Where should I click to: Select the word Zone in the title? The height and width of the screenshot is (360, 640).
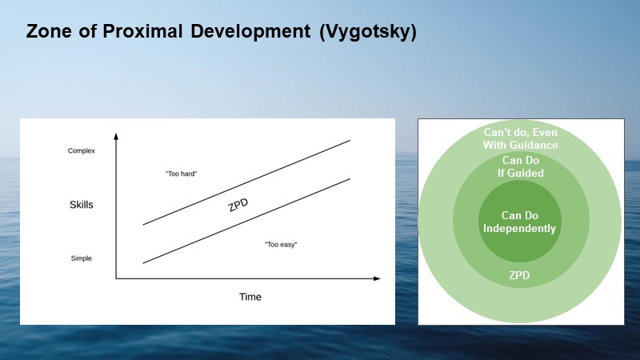pos(48,33)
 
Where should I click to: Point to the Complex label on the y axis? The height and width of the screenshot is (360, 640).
pos(82,151)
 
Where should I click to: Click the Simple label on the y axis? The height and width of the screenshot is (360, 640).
pos(81,258)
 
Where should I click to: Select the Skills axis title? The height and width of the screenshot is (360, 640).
pos(82,205)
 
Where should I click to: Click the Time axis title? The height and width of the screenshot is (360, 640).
pos(250,297)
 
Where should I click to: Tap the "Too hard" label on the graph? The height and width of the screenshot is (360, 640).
pos(180,174)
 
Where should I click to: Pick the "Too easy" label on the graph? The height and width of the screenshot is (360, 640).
pos(281,243)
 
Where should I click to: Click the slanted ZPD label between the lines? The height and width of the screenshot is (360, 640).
pos(238,204)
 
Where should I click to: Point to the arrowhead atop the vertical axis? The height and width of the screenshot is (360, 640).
pos(117,135)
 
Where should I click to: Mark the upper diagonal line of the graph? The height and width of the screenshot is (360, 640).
pos(246,182)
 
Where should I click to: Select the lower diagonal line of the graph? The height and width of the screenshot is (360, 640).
pos(246,221)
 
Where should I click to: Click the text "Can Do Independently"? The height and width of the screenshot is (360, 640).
pos(519,222)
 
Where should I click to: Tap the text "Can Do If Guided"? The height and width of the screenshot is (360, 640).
pos(519,166)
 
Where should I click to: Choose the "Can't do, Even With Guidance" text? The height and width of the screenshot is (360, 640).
pos(520,138)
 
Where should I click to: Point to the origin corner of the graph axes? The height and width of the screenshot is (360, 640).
pos(117,278)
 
